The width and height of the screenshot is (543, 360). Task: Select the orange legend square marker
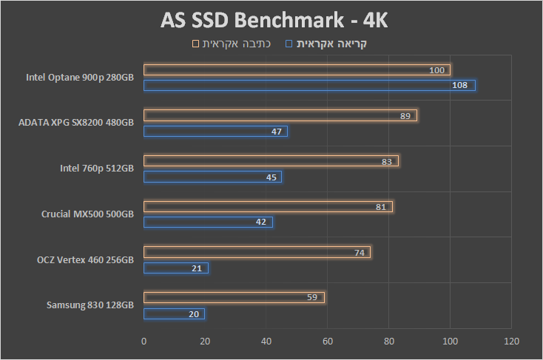195,44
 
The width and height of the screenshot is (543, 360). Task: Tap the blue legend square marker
290,44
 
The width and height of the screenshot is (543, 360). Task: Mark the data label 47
277,132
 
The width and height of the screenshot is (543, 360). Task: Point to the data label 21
197,268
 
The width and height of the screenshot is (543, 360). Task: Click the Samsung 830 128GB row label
90,305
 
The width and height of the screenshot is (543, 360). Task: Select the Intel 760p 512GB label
97,168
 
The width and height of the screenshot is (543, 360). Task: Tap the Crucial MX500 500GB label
87,214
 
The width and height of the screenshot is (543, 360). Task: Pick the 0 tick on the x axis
144,342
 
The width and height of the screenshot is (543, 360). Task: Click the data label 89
405,116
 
